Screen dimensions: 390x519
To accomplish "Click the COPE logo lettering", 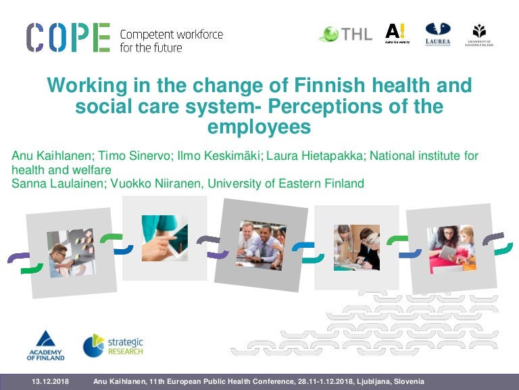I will (68, 37).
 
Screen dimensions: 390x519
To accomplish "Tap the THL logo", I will (345, 33).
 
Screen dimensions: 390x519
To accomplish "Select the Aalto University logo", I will (397, 33).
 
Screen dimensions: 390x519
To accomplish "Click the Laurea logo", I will (437, 33).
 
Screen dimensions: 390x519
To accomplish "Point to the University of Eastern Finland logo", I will (480, 35).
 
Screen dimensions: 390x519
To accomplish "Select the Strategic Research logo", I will (113, 345).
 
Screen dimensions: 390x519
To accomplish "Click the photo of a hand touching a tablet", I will (164, 238).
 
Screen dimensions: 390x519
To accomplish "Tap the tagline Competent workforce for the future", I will (171, 41).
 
